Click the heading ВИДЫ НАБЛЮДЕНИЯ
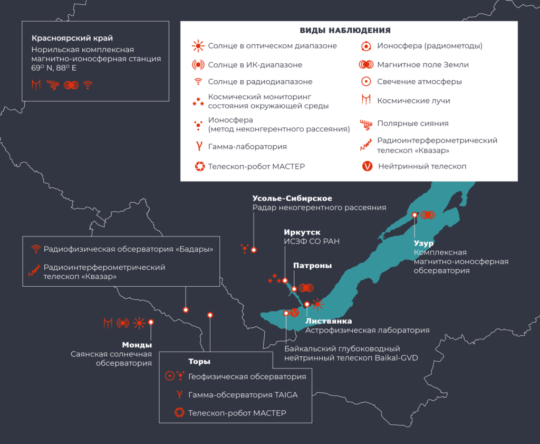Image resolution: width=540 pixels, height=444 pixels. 345,31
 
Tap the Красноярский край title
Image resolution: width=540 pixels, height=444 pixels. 72,38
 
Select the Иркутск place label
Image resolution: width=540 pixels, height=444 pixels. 302,232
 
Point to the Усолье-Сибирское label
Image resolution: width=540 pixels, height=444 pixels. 292,199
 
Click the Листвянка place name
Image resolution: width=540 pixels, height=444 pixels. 329,321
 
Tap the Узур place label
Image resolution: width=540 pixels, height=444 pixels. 423,244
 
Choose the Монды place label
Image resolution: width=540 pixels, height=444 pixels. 137,345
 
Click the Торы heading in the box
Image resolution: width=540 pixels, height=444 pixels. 199,362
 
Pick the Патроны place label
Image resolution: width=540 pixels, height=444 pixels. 312,266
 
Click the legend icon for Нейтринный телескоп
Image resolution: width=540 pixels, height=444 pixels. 368,166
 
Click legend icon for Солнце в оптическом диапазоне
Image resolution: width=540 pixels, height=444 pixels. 198,46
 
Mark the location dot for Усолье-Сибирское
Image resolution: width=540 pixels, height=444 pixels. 254,250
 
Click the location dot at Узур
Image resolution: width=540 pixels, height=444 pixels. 415,215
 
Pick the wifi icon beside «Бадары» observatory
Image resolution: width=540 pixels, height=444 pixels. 36,249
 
